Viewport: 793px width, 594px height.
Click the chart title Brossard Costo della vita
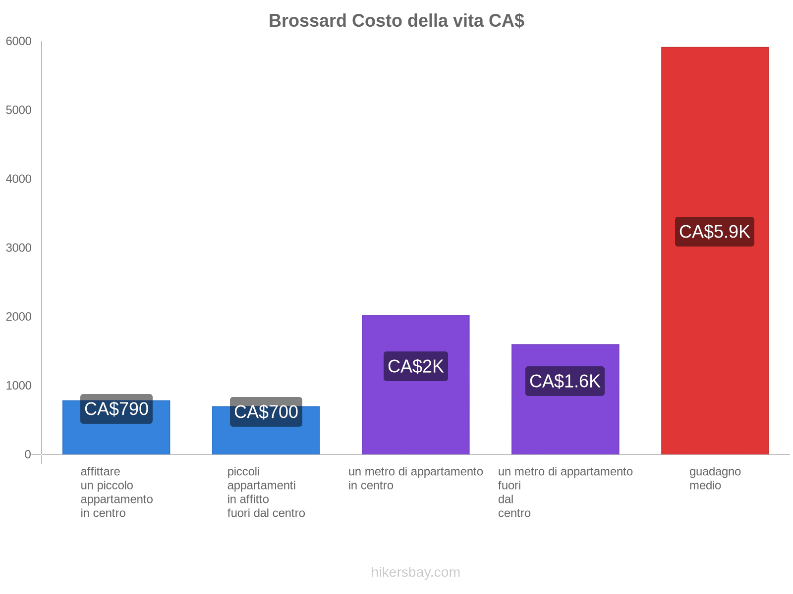click(396, 21)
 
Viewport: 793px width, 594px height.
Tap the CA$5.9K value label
click(714, 232)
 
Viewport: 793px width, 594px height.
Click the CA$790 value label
click(116, 409)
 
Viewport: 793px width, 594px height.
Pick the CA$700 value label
click(266, 412)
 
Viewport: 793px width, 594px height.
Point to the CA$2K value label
click(415, 366)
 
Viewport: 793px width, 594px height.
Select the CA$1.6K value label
click(565, 381)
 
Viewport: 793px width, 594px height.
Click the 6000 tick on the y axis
click(19, 42)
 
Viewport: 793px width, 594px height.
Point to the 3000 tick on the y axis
click(19, 248)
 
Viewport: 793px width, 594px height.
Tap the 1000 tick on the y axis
click(19, 386)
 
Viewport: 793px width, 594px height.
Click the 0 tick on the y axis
click(28, 454)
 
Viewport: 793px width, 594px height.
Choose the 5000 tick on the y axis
click(19, 110)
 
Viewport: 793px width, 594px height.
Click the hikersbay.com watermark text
click(415, 572)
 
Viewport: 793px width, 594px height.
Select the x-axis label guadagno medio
click(715, 478)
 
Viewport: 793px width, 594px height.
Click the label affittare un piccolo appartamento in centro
click(116, 492)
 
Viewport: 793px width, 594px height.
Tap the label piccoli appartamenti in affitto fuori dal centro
click(266, 492)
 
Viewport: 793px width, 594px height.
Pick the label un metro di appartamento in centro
click(415, 478)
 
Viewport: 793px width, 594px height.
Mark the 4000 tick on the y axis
click(19, 179)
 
